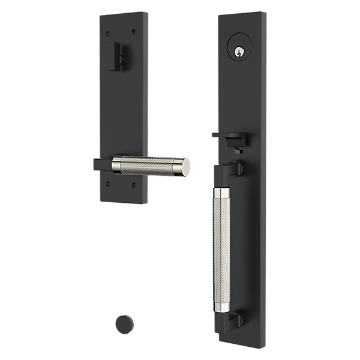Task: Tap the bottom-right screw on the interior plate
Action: [134, 183]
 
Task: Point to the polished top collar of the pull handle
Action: [220, 193]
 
